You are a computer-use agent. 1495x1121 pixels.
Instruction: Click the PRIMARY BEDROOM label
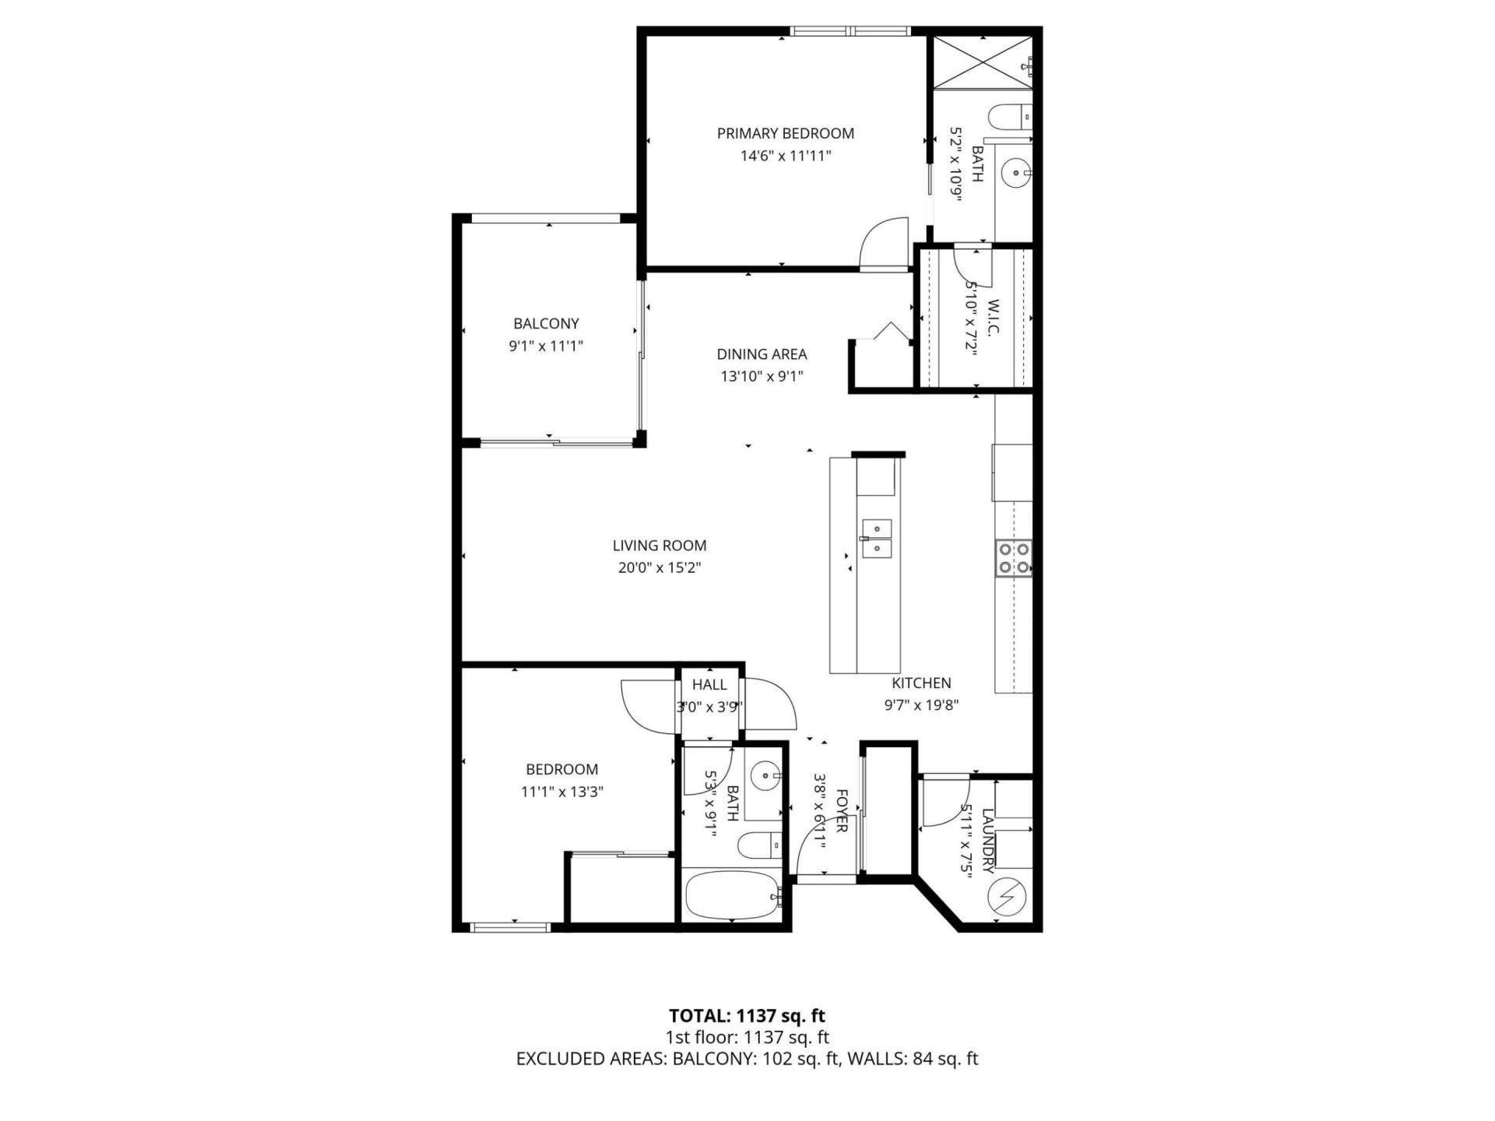[785, 133]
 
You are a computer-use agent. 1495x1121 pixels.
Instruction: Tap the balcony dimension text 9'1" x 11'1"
[546, 346]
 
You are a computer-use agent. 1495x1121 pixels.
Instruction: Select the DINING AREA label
[762, 354]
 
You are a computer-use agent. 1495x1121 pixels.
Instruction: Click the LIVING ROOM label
[660, 546]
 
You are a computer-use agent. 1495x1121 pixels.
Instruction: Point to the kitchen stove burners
[1013, 557]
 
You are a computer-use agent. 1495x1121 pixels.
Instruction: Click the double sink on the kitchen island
[877, 539]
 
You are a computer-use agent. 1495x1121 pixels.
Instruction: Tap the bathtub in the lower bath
[731, 896]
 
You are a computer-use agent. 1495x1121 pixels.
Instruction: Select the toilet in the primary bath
[1009, 117]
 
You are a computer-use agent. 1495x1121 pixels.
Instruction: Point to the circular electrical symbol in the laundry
[1004, 898]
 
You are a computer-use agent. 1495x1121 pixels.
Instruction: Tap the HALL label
[709, 685]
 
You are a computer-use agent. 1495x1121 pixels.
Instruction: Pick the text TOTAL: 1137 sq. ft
[747, 1016]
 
